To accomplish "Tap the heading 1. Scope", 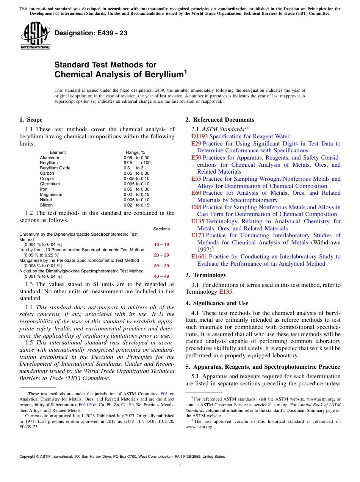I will coord(31,120).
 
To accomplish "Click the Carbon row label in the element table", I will coord(47,173).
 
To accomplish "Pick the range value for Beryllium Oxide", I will coord(133,168).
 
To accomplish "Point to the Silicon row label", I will coord(46,205).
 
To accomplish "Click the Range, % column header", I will coord(135,152).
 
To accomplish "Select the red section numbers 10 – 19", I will coord(161,244).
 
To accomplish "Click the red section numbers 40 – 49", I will coord(161,276).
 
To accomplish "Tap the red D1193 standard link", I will coord(199,136).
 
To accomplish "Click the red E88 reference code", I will coord(196,207).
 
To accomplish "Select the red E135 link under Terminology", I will coord(225,292).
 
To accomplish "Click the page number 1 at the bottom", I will coord(180,466).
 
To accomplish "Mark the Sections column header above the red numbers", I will coord(161,229).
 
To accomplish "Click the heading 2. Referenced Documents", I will coord(220,120).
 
